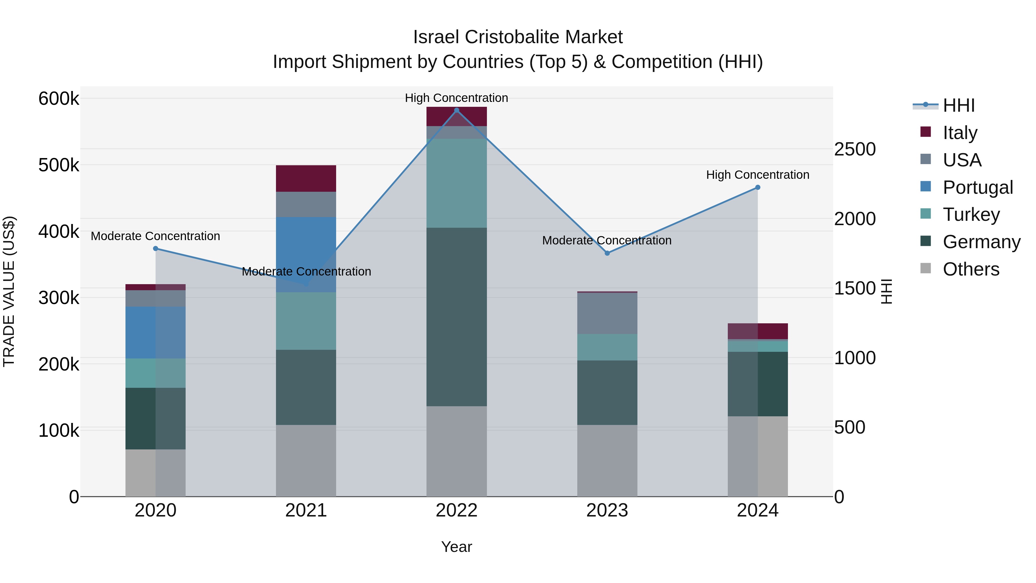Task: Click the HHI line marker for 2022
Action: pos(456,110)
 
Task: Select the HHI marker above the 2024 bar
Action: pos(757,187)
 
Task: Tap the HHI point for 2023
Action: pos(607,253)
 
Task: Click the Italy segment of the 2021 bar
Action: pos(306,178)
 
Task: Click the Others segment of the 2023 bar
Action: pos(607,460)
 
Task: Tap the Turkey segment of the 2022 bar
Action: pos(456,183)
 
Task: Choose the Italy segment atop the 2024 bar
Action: pos(757,331)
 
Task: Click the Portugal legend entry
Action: pos(977,187)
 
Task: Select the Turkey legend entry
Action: pos(971,214)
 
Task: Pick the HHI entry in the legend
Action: pos(958,105)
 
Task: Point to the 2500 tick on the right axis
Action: pos(855,149)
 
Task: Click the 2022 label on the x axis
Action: pos(456,510)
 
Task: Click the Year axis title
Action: pos(456,547)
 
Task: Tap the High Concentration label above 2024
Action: pos(757,175)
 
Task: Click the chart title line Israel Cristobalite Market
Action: pos(518,37)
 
